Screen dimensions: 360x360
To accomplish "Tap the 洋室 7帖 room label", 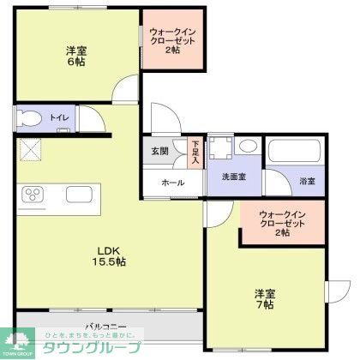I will click(264, 299).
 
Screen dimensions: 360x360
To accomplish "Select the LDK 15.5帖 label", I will click(110, 255).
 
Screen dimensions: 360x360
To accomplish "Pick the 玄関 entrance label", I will click(159, 151).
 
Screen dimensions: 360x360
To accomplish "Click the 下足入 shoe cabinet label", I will click(195, 153).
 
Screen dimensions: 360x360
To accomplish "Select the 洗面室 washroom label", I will click(234, 177).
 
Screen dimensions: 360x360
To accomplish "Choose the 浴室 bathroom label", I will click(306, 181).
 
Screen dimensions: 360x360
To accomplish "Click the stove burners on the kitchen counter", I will click(33, 194).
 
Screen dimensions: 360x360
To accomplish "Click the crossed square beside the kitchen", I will click(31, 150).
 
